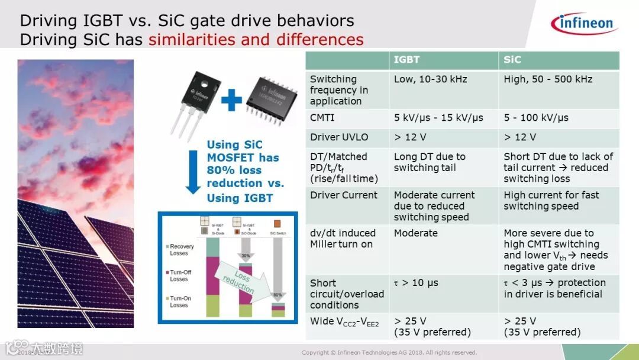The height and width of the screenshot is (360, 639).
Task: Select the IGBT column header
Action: point(406,60)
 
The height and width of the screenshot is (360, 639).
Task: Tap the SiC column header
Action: point(512,60)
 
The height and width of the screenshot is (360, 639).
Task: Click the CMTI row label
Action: point(322,118)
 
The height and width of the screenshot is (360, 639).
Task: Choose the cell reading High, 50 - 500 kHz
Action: point(547,79)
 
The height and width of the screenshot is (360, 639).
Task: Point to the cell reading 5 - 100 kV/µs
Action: point(536,118)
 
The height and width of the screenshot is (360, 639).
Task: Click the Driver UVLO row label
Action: point(339,137)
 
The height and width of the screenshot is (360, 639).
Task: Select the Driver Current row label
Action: point(343,195)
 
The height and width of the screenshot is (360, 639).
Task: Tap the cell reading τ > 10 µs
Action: point(416,283)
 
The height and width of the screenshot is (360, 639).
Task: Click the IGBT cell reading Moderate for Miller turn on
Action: point(415,233)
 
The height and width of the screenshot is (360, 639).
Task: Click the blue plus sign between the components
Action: point(231,101)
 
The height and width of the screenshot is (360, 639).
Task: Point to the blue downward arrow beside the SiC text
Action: point(193,172)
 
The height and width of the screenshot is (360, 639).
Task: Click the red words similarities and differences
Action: point(256,40)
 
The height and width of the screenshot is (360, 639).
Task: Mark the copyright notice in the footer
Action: point(389,353)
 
